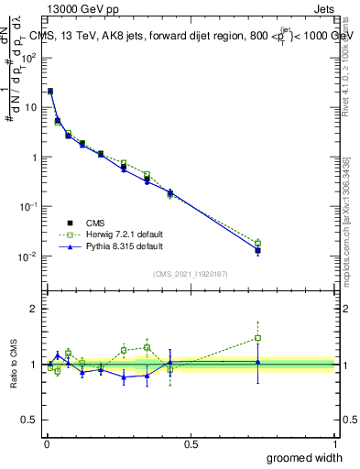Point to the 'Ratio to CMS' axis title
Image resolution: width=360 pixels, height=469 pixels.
coord(14,365)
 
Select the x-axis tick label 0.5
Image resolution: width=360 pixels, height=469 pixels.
coord(191,444)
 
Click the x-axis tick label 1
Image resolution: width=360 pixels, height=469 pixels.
coord(334,444)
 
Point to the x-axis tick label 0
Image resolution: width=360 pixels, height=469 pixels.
coord(47,444)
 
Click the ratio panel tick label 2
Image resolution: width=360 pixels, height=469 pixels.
coord(34,309)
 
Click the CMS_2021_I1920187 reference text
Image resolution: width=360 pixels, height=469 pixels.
coord(191,274)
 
